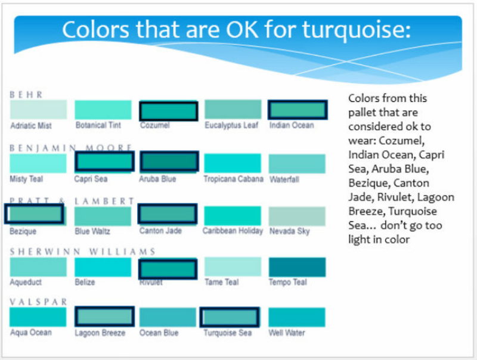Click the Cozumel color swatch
[169, 111]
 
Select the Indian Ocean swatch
[298, 110]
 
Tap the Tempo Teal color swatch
[297, 267]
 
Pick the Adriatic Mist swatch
[38, 110]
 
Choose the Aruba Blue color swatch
[169, 162]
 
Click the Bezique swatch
[35, 214]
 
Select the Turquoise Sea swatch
[230, 317]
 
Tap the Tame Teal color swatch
[233, 266]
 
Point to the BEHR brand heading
[26, 95]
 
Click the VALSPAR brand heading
[38, 302]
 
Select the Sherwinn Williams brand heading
[83, 252]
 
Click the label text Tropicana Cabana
[233, 179]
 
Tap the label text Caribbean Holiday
[233, 231]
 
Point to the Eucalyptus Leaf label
[231, 125]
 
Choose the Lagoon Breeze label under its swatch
[100, 333]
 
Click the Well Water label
[287, 333]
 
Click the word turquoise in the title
[356, 30]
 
